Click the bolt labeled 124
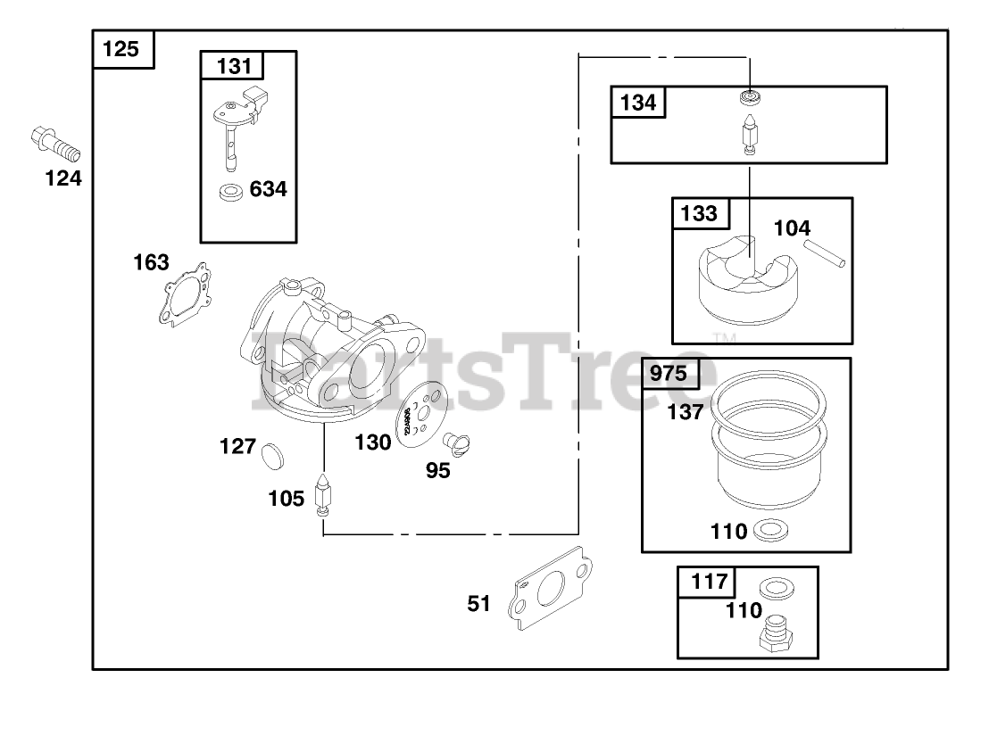click(55, 142)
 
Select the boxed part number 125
click(123, 49)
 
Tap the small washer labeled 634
click(232, 190)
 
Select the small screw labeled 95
click(460, 444)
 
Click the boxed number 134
click(638, 103)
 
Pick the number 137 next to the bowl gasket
click(685, 412)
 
